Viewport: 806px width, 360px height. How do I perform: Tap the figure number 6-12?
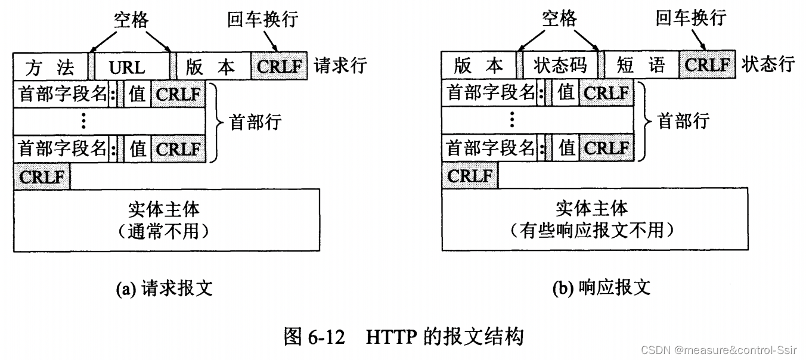pos(327,337)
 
